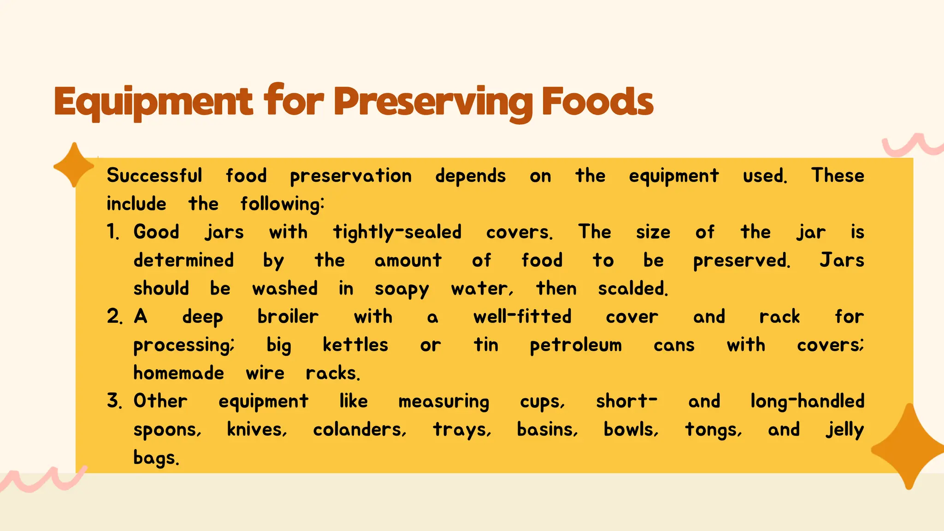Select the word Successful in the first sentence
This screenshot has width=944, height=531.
click(154, 176)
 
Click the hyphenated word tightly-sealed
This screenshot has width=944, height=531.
click(397, 232)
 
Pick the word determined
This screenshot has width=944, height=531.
click(183, 260)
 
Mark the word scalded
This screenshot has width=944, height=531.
click(632, 289)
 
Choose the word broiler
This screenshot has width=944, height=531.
click(288, 317)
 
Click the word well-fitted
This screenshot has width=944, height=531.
click(522, 317)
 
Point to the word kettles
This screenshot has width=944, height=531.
click(355, 345)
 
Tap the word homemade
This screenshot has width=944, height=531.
click(179, 373)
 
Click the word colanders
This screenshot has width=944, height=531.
click(360, 430)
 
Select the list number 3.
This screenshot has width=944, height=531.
click(114, 401)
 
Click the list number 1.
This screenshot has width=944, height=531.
click(113, 232)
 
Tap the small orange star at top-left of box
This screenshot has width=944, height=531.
click(74, 165)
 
